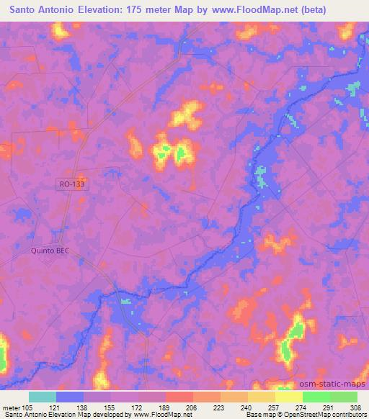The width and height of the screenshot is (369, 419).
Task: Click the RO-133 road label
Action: click(x=74, y=185)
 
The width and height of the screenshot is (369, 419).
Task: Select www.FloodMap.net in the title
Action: click(x=241, y=10)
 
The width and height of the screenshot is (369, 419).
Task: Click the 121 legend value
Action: click(x=57, y=407)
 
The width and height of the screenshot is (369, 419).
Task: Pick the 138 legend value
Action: click(x=84, y=407)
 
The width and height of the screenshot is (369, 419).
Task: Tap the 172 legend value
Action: click(x=139, y=407)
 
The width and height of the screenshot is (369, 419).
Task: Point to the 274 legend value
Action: click(x=303, y=407)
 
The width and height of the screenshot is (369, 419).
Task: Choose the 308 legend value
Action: click(x=355, y=407)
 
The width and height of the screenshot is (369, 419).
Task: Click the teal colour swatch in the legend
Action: click(x=43, y=397)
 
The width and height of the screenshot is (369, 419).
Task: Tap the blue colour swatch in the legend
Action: click(x=70, y=397)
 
